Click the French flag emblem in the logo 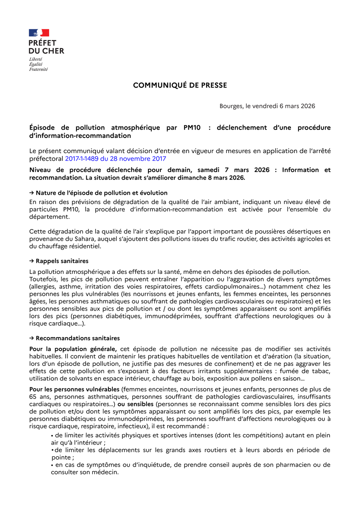tap(39, 33)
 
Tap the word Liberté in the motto tap(36, 59)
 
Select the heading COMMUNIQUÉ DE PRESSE tap(180, 85)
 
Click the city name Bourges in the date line tap(231, 106)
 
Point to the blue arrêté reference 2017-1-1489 tap(82, 159)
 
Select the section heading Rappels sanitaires tap(62, 261)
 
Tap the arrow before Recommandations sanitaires tap(32, 338)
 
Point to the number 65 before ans tap(34, 397)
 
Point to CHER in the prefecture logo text tap(53, 51)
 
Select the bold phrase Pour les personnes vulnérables tap(74, 389)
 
